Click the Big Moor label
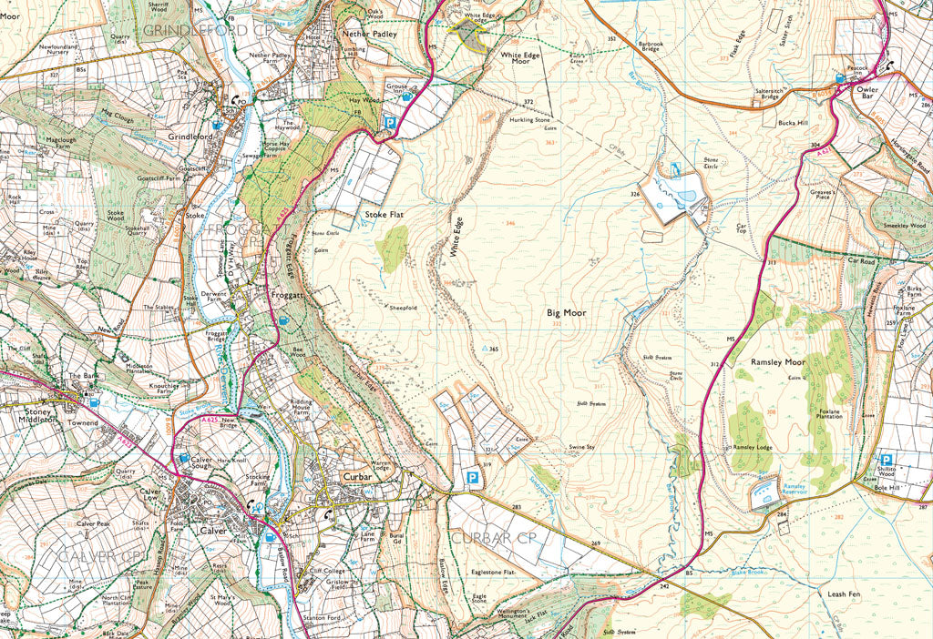(566, 312)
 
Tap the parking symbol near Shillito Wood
(886, 461)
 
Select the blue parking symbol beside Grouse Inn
(391, 122)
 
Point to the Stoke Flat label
(384, 215)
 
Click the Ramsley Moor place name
(780, 362)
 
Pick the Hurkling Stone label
(531, 119)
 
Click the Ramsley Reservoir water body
(764, 493)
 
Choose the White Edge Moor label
(521, 59)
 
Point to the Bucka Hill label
(793, 122)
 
